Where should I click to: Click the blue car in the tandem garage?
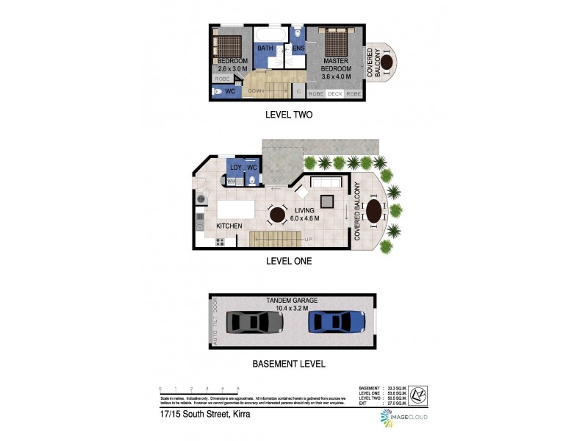(x=337, y=323)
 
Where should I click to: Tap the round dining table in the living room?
(x=277, y=215)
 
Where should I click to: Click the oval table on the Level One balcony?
(x=374, y=212)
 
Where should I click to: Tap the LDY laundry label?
(x=236, y=168)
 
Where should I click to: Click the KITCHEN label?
(x=229, y=226)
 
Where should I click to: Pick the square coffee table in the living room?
(x=327, y=201)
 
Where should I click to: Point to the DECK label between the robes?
(x=335, y=94)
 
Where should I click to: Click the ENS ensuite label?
(x=298, y=49)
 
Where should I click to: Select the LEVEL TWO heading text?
(x=288, y=115)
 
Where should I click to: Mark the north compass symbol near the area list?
(x=417, y=393)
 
